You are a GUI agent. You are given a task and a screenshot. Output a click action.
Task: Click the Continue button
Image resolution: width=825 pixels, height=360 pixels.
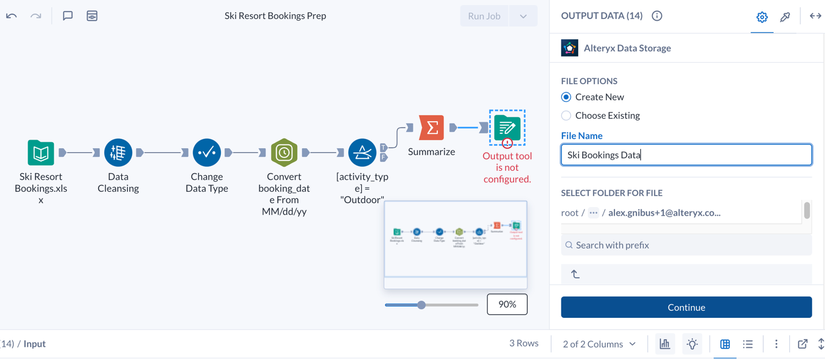tap(686, 307)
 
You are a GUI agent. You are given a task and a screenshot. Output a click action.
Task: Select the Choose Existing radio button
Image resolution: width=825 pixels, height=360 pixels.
tap(566, 115)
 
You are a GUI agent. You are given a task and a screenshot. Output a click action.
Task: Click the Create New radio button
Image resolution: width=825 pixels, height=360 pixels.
tap(566, 97)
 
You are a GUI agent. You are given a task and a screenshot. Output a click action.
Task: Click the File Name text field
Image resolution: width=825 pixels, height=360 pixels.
tap(686, 155)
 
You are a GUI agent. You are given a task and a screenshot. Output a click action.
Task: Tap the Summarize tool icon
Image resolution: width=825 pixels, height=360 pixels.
tap(432, 128)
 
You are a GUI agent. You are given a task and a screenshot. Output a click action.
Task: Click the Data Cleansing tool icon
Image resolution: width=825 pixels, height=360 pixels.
tap(118, 152)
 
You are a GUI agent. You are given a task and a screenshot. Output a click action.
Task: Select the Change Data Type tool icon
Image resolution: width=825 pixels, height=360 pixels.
tap(207, 152)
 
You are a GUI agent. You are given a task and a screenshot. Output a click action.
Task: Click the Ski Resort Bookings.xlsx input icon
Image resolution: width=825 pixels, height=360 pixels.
tap(41, 152)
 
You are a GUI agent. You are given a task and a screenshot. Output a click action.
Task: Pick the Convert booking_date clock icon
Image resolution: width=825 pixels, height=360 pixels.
tap(284, 152)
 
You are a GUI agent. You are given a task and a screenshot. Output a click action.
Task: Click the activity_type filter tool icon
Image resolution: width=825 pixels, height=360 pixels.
tap(362, 152)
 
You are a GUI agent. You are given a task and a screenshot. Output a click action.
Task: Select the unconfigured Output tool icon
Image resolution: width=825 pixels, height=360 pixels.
tap(507, 127)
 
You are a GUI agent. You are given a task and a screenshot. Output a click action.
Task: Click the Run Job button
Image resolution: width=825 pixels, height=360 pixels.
tap(484, 16)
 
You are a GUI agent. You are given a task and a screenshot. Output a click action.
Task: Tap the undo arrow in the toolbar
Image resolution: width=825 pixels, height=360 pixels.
tap(12, 16)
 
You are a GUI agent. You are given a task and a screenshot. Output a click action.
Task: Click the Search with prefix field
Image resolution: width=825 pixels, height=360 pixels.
tap(686, 245)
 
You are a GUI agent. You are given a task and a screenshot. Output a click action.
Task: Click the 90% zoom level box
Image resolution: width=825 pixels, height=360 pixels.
tap(507, 305)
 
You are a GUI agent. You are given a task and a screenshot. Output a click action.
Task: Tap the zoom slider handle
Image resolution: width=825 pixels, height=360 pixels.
tap(422, 305)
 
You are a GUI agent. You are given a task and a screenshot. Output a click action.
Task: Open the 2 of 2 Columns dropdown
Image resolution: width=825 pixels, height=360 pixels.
tap(599, 344)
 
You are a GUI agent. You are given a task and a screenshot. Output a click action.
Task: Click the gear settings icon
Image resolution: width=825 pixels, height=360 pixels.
tap(762, 17)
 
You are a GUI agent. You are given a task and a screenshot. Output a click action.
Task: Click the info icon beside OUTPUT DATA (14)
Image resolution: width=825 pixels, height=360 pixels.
tap(657, 16)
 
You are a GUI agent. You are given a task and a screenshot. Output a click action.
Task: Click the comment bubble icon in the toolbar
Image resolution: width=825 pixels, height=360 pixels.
tap(67, 16)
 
